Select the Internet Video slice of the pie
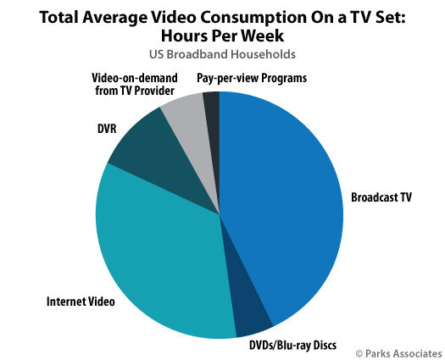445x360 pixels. pos(161,254)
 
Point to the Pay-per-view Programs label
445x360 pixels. pos(254,78)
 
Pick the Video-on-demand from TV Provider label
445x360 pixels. pos(132,85)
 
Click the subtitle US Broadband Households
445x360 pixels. pos(220,54)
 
